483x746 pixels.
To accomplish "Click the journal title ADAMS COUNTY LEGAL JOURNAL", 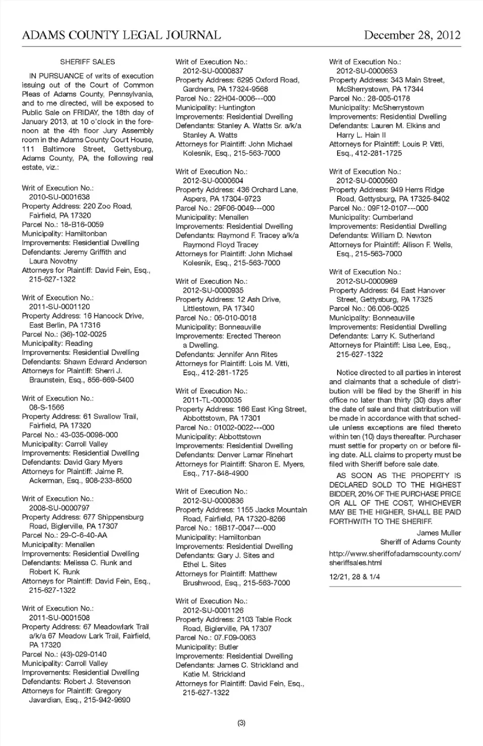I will coord(121,35).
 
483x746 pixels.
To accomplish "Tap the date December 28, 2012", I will coord(412,35).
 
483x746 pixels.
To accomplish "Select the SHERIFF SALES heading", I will coord(88,62).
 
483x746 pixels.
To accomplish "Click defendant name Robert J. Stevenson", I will coord(97,682).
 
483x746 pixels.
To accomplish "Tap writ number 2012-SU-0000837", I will coord(213,71).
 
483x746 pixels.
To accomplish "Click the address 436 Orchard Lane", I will coord(267,190).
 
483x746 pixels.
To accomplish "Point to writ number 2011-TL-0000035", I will coord(212,400).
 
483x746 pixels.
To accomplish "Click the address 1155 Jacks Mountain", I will coord(272,510).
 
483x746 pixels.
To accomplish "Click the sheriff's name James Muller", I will coord(439,533).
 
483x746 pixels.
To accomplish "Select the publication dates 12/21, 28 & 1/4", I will coord(355,576).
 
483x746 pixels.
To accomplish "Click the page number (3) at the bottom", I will coord(242,723).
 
